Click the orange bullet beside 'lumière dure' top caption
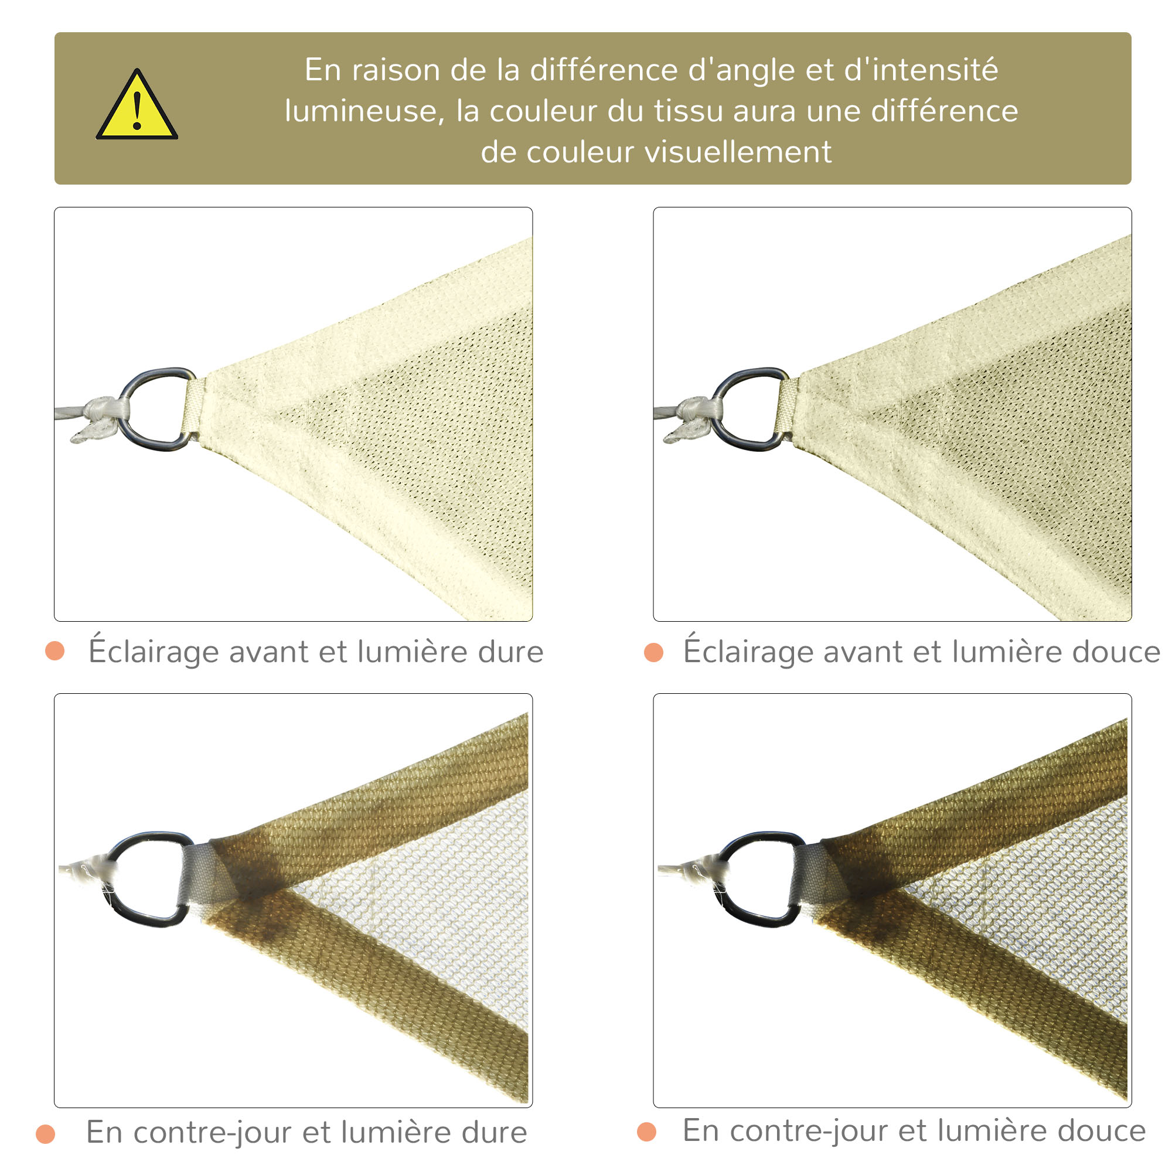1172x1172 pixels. (x=55, y=650)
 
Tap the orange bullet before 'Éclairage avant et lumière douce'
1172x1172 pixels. (x=653, y=652)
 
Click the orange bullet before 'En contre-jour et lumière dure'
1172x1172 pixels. (x=46, y=1133)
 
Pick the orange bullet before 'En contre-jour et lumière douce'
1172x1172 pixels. (x=647, y=1132)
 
